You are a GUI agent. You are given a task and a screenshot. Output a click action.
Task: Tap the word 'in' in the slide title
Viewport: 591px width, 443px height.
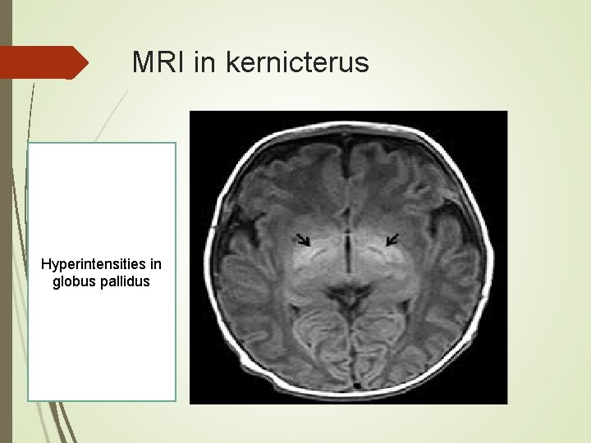pos(203,62)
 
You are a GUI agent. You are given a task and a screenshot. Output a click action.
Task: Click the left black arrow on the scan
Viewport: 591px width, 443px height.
pos(304,240)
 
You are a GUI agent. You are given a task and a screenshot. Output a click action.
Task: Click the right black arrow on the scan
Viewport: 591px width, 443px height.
pos(392,239)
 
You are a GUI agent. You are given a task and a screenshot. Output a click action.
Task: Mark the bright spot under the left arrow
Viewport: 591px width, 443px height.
pos(317,254)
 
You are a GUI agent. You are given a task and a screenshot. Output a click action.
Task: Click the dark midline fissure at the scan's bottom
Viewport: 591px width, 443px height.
pos(349,361)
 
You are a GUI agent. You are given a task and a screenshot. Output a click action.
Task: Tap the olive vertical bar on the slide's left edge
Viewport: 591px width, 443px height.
pos(6,221)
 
